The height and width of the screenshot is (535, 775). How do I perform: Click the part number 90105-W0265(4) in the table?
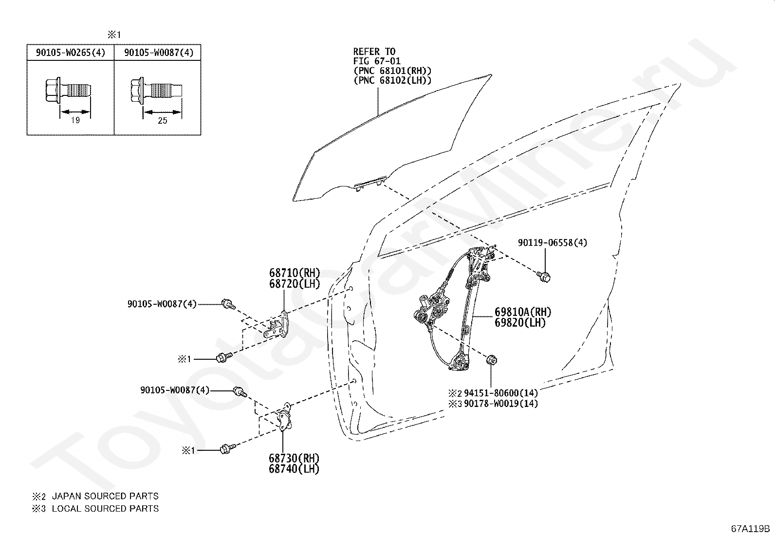[71, 53]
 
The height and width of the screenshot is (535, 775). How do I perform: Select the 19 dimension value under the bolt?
[75, 120]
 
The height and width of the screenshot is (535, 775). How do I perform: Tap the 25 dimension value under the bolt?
[162, 121]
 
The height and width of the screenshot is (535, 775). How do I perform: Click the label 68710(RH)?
[295, 273]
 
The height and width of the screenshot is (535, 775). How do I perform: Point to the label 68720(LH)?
[295, 284]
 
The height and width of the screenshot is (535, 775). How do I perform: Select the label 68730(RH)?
[294, 458]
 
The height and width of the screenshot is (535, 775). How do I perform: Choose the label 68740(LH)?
[294, 469]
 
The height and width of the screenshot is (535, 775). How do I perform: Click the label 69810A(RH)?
[523, 312]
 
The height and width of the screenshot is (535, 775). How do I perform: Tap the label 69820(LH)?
[520, 323]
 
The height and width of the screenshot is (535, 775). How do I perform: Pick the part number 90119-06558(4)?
[553, 242]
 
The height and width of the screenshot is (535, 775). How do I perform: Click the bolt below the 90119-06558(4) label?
[544, 277]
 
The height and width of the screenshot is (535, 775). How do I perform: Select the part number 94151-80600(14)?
[500, 393]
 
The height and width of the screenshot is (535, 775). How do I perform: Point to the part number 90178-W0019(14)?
[500, 404]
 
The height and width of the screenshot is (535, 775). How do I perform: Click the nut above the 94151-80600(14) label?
[491, 360]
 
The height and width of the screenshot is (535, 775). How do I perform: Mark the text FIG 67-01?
[377, 61]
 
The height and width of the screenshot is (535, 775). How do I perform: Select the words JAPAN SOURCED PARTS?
[105, 496]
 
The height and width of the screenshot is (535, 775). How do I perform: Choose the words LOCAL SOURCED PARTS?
[105, 509]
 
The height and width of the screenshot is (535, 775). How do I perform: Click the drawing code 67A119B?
[750, 529]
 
